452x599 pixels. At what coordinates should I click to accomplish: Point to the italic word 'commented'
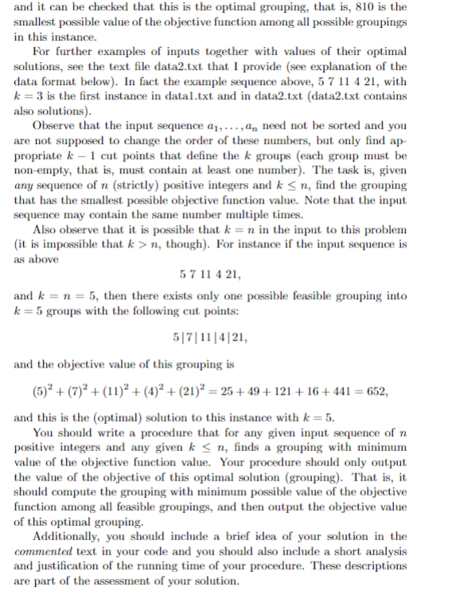(45, 551)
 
